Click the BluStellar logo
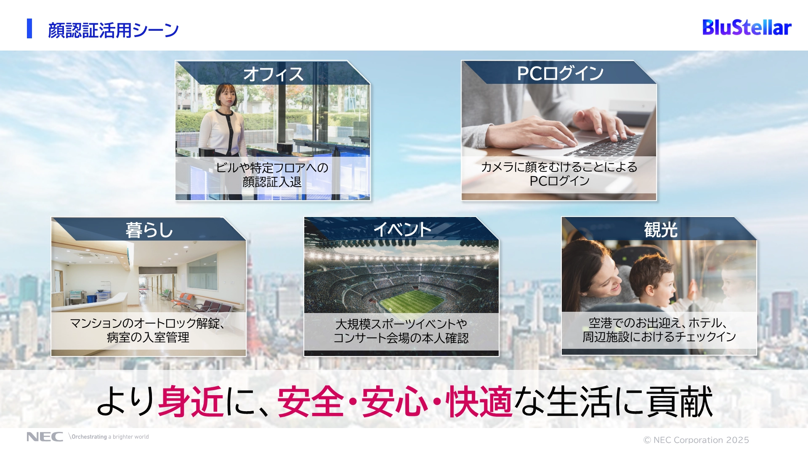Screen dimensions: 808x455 (747, 27)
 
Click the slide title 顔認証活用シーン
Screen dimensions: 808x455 (113, 30)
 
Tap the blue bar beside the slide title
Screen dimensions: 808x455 (29, 29)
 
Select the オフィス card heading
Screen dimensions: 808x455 (273, 74)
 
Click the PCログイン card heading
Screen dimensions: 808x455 (560, 73)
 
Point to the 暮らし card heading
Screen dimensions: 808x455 (149, 230)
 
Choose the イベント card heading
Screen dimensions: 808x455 (402, 230)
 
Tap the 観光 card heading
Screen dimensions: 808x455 (661, 230)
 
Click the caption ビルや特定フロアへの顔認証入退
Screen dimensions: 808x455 (272, 175)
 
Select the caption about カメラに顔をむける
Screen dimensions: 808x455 (559, 174)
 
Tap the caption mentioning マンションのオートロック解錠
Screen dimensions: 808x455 (148, 330)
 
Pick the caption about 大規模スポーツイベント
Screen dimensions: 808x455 (401, 331)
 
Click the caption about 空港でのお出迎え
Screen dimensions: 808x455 (659, 329)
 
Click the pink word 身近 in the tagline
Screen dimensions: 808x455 (191, 401)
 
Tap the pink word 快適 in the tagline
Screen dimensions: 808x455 (479, 401)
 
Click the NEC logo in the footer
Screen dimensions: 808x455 (45, 437)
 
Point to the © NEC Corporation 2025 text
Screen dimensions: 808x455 (696, 440)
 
